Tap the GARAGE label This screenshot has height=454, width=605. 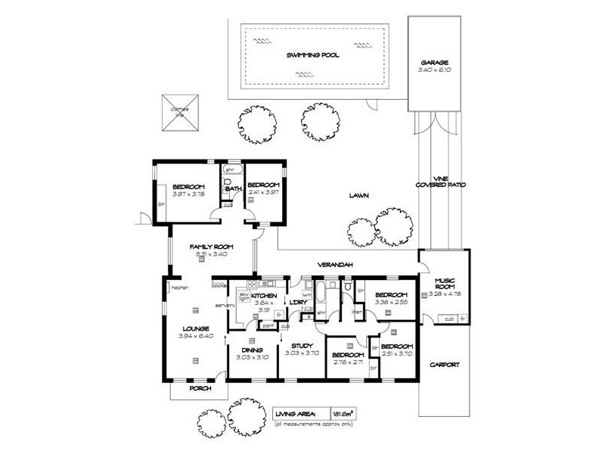click(435, 63)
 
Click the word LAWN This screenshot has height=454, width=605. click(358, 195)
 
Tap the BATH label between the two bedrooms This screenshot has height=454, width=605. click(233, 188)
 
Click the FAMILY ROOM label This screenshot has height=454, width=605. click(210, 247)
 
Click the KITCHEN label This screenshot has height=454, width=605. click(265, 295)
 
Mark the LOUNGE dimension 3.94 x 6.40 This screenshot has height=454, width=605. click(195, 335)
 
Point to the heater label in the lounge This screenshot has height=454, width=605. click(179, 288)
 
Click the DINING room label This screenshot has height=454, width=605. click(252, 350)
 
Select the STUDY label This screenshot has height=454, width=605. click(302, 345)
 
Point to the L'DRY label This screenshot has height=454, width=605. click(295, 303)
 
